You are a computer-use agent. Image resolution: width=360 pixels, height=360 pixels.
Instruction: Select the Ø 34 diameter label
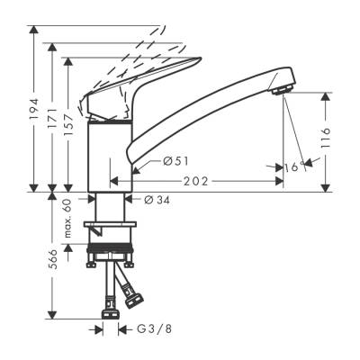(x=157, y=200)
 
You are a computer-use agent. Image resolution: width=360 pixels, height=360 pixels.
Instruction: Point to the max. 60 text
(x=67, y=217)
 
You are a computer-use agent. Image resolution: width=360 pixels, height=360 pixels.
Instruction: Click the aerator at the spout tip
(x=280, y=88)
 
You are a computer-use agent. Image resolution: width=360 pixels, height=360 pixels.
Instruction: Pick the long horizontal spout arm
(x=207, y=117)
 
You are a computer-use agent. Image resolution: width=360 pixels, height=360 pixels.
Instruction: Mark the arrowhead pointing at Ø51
(x=136, y=166)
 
